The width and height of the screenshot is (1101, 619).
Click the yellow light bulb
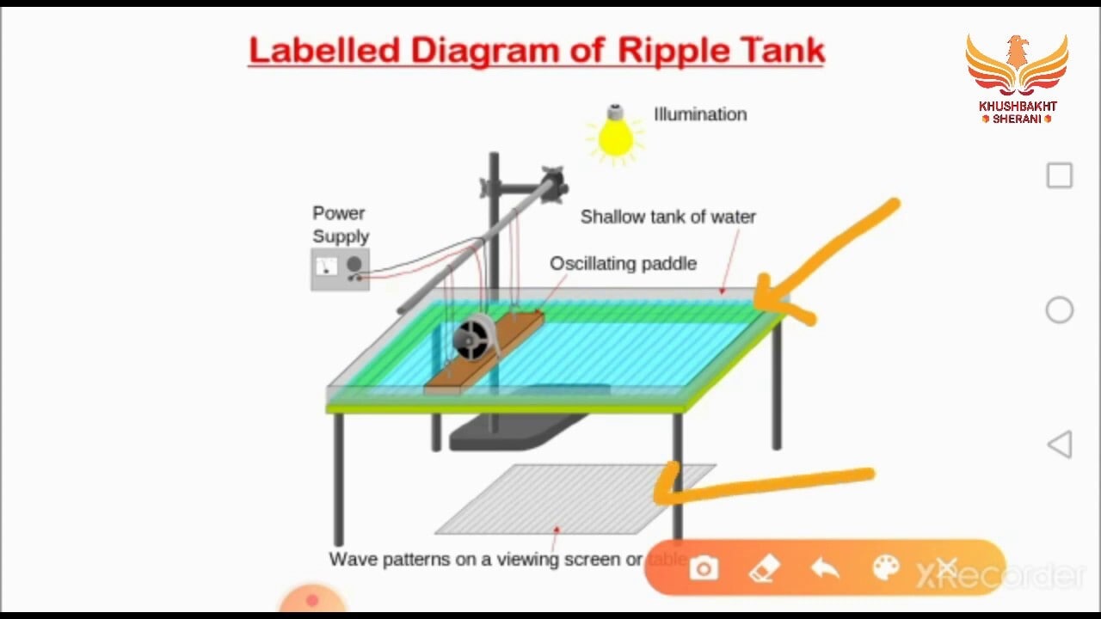point(615,137)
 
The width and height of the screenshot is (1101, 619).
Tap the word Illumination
point(700,114)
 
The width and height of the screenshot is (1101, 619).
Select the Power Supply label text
point(341,224)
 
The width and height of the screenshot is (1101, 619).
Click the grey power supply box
point(340,269)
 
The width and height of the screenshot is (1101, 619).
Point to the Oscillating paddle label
point(623,264)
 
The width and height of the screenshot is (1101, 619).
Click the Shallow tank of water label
point(667,217)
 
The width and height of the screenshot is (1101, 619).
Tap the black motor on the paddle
point(473,337)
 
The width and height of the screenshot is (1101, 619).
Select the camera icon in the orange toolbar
point(704,568)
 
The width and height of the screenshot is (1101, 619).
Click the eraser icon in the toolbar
point(764,568)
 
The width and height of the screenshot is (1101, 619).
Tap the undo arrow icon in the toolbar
point(825,568)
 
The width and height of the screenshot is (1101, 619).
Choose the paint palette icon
point(885,568)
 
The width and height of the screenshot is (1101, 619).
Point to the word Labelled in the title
point(324,51)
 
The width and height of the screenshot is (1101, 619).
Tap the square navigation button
point(1059,175)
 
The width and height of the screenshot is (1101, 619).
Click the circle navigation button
point(1059,310)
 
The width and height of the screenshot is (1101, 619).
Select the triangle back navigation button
point(1059,444)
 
